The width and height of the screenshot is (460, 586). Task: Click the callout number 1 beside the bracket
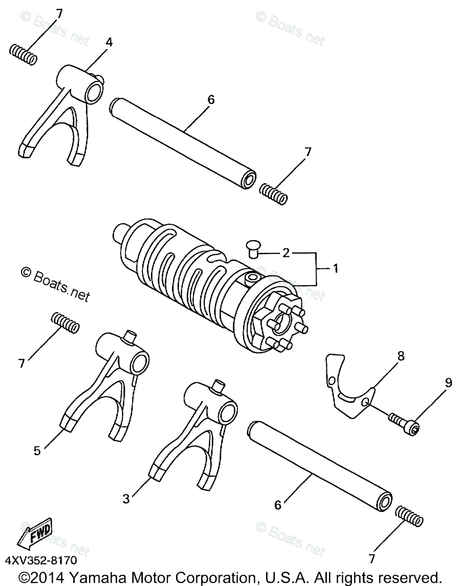point(335,268)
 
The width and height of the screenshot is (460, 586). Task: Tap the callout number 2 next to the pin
point(286,252)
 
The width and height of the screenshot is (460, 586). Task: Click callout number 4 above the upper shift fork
point(109,42)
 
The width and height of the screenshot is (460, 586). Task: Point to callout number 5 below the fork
point(36,450)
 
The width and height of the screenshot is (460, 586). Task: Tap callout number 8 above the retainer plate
point(400,356)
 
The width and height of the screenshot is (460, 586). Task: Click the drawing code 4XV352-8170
point(42,561)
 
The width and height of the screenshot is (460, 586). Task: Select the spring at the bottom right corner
point(409,515)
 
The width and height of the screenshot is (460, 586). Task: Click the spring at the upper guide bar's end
point(273,192)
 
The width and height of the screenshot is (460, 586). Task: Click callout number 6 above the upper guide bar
point(210,99)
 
